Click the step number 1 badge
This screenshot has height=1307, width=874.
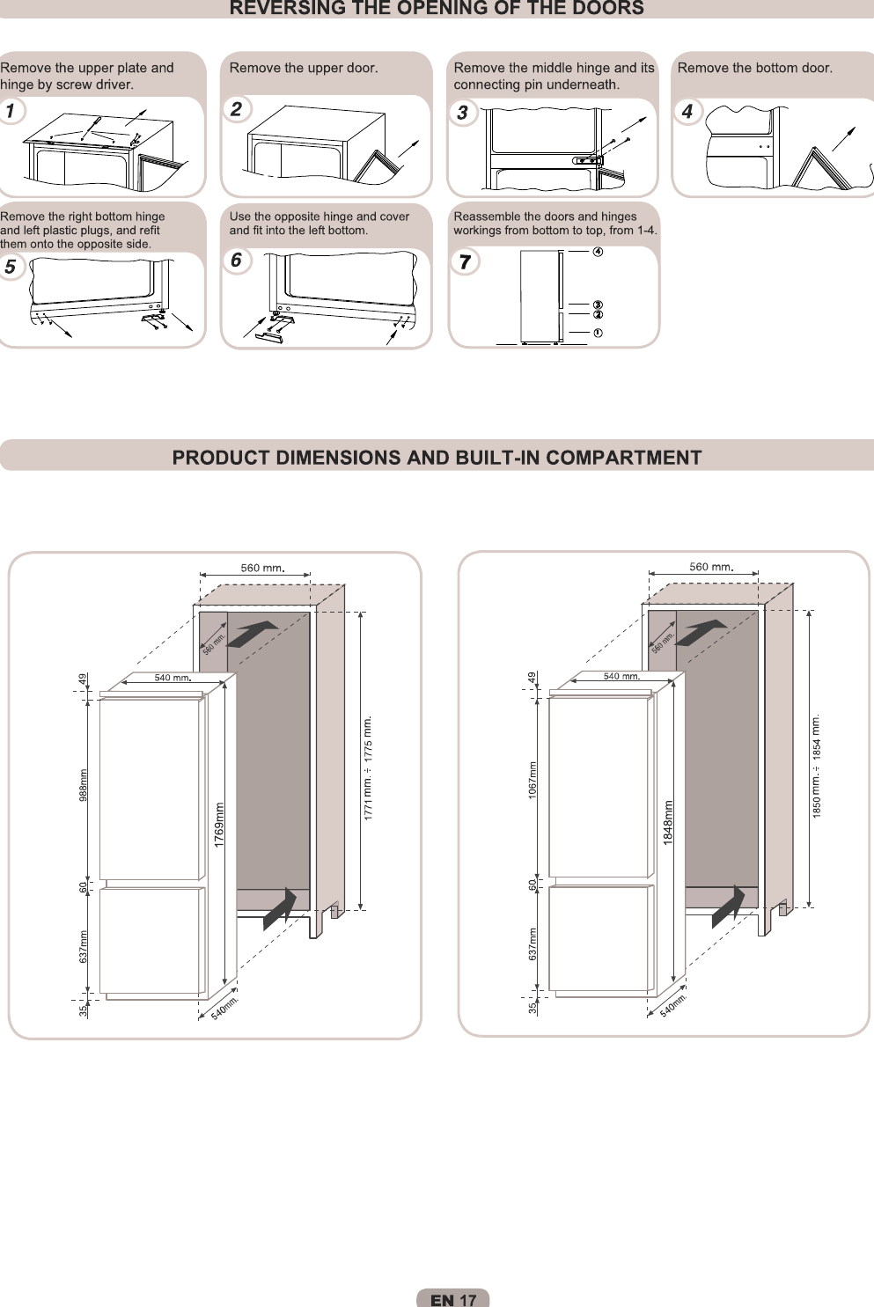[11, 112]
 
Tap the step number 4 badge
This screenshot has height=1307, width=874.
[688, 112]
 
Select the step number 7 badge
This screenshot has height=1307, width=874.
[465, 262]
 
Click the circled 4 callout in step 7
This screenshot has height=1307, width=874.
[598, 252]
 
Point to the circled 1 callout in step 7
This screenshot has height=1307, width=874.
[598, 333]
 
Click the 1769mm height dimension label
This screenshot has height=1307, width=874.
[219, 825]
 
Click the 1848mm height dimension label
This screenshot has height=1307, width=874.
[668, 823]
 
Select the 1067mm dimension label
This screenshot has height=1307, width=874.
[532, 780]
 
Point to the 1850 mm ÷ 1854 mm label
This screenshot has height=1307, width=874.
[817, 766]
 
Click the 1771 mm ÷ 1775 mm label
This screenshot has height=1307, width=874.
[369, 768]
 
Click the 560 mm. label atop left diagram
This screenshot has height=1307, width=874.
[263, 568]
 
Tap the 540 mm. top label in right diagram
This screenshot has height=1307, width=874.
[621, 676]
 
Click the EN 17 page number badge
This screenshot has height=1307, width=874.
[452, 1300]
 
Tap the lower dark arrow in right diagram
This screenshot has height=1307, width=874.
[729, 906]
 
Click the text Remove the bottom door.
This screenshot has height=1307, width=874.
[754, 68]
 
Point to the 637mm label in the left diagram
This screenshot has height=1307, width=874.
[84, 946]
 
